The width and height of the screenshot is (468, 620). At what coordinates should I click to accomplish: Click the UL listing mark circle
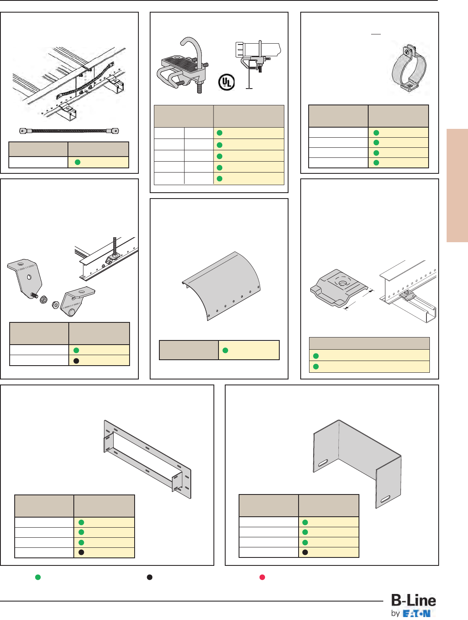(x=226, y=82)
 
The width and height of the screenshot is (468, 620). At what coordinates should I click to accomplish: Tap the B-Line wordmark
(x=413, y=600)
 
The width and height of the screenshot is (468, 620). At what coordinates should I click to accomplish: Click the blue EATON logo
(x=416, y=614)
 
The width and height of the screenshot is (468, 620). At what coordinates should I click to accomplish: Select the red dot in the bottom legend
(x=262, y=577)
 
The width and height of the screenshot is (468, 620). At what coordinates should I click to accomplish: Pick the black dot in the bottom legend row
(x=149, y=577)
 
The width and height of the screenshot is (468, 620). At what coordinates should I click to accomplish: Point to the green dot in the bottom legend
(x=38, y=577)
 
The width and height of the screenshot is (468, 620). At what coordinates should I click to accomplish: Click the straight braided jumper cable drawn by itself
(x=69, y=131)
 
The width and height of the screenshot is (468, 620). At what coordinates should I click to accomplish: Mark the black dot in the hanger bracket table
(x=76, y=361)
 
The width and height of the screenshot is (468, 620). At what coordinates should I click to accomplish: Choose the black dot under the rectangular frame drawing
(x=81, y=552)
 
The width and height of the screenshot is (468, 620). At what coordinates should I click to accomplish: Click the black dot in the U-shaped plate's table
(x=305, y=552)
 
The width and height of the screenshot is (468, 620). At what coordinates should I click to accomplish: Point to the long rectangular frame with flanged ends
(x=148, y=459)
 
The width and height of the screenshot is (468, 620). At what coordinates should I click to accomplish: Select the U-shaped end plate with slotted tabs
(x=357, y=462)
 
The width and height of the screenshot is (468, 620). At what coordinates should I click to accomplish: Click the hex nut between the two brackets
(x=44, y=300)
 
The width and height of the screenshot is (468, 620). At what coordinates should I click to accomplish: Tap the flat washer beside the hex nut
(x=55, y=304)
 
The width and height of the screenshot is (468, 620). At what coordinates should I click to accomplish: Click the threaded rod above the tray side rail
(x=114, y=246)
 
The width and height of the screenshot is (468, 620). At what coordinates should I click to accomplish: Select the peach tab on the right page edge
(x=457, y=185)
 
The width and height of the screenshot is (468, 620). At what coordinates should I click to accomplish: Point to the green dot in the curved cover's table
(x=225, y=351)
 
